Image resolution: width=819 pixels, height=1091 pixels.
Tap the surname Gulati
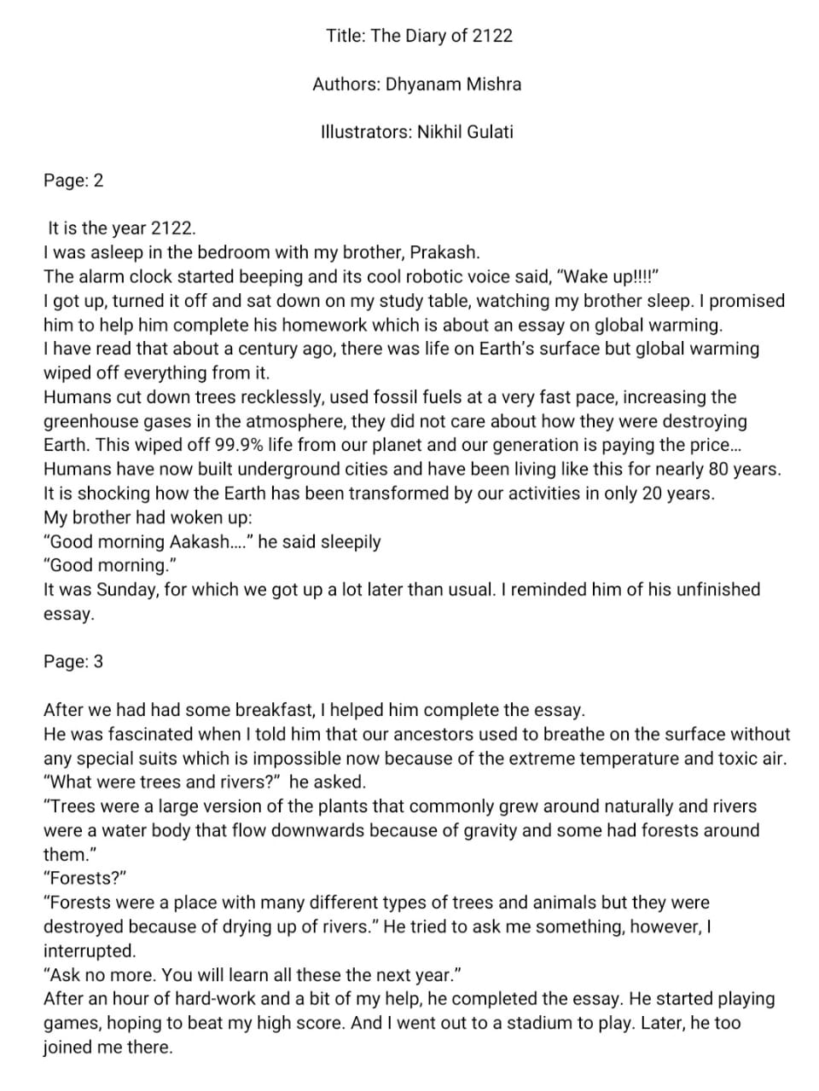tap(486, 132)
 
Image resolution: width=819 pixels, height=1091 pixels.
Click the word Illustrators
tap(366, 132)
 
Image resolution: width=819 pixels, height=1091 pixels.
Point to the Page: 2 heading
tap(73, 181)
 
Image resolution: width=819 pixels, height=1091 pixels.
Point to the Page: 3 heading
tap(73, 661)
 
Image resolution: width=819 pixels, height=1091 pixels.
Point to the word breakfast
tap(273, 710)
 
